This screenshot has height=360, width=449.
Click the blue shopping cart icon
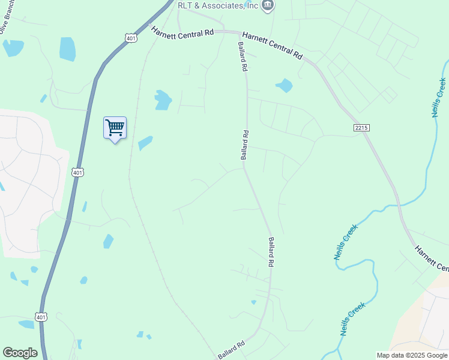[x=115, y=128]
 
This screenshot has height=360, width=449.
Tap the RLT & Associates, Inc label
[x=218, y=5]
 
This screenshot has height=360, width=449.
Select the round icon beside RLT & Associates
[x=268, y=5]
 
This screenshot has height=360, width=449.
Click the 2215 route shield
[x=361, y=128]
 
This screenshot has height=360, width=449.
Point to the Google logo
[x=20, y=353]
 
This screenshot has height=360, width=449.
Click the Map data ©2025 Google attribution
[x=412, y=355]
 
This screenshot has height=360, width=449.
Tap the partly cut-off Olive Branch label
[x=5, y=28]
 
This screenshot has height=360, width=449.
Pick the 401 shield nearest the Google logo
[x=41, y=317]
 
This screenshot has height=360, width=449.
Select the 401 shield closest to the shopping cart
[x=77, y=172]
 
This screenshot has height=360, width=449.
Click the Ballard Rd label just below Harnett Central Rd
[x=243, y=57]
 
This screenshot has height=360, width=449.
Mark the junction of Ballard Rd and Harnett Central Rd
[x=238, y=33]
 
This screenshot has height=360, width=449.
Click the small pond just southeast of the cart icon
[x=145, y=143]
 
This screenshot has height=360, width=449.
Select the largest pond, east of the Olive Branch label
[x=68, y=49]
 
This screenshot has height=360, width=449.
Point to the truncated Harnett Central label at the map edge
[x=431, y=259]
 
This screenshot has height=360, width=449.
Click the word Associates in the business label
[x=223, y=5]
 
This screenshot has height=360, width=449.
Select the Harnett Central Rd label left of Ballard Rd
[x=182, y=32]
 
